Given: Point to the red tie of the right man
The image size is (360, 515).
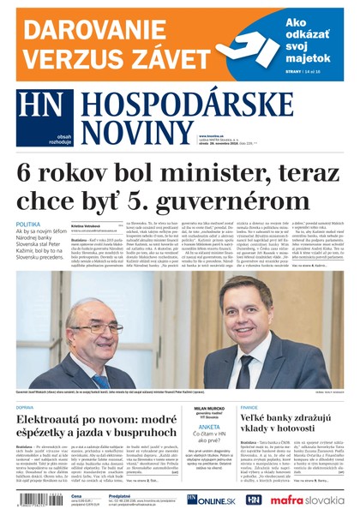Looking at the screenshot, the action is pyautogui.click(x=249, y=368).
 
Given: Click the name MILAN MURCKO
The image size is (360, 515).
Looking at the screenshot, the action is pyautogui.click(x=209, y=408).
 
